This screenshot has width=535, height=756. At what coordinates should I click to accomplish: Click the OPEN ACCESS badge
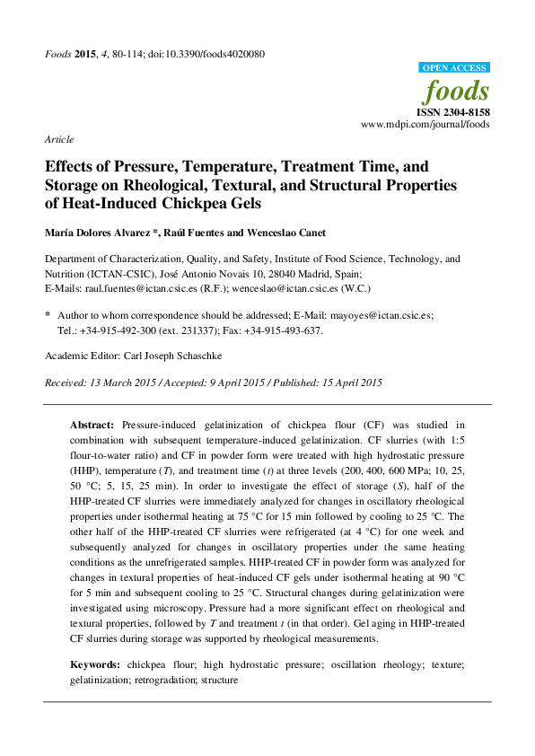click(x=455, y=68)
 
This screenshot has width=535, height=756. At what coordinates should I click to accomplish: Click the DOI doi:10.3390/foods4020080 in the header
click(x=204, y=54)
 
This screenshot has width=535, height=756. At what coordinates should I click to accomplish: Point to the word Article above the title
click(x=59, y=140)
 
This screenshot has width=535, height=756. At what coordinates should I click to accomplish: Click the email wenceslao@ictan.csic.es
click(x=288, y=288)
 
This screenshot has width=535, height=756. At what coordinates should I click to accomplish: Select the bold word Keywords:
click(x=96, y=665)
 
